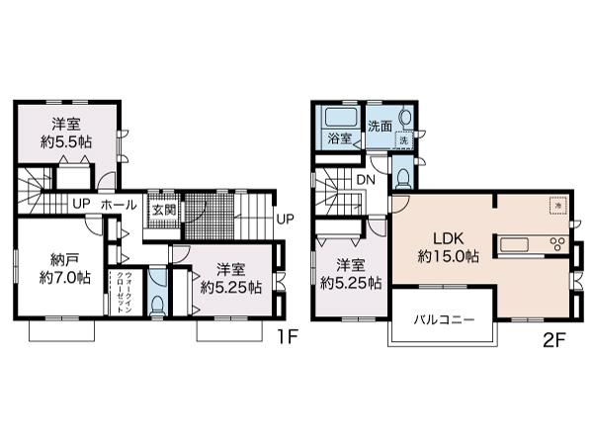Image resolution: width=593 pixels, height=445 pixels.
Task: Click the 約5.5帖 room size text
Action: [66, 142]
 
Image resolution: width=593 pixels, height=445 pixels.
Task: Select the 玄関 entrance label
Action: [161, 210]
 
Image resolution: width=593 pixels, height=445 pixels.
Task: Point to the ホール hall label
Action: [119, 205]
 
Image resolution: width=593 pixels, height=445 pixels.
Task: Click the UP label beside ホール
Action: [79, 205]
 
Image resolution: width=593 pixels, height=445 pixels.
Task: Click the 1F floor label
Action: [286, 335]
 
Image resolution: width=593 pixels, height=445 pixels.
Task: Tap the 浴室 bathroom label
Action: [340, 139]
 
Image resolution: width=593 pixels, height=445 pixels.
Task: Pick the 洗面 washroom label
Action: [381, 126]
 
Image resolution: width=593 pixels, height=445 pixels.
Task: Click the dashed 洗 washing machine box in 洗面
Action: [403, 140]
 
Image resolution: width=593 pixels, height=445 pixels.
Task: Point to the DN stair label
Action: [366, 179]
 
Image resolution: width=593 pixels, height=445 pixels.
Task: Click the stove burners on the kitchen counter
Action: [555, 245]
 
